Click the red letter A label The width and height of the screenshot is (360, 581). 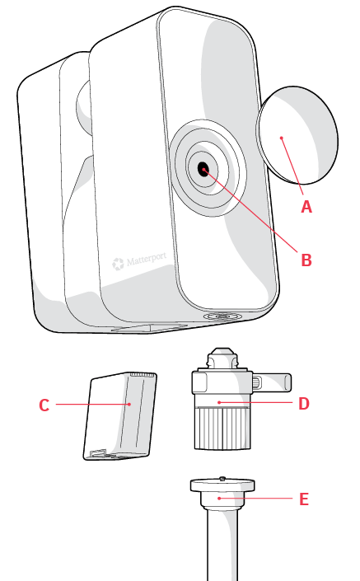(x=306, y=207)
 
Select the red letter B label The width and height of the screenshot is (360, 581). (x=306, y=260)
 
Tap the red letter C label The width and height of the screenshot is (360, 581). (x=44, y=405)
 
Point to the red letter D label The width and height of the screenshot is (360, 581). (x=304, y=404)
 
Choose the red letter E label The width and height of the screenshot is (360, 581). (x=304, y=499)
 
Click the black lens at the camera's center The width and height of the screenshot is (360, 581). (x=203, y=170)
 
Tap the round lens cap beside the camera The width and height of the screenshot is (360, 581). (x=297, y=135)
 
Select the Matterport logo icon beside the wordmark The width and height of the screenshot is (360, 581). (x=118, y=264)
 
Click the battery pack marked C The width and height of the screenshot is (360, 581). (x=119, y=416)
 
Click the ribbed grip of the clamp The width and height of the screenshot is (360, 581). (x=222, y=428)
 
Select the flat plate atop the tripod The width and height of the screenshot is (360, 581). (x=222, y=485)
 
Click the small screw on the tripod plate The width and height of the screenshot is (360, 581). (x=222, y=478)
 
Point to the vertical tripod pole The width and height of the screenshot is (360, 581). (x=222, y=546)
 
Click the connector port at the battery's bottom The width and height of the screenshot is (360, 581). (x=99, y=453)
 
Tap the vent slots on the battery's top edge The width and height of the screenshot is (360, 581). (x=143, y=375)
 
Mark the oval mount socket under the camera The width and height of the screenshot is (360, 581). (x=223, y=316)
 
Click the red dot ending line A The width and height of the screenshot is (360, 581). (x=282, y=138)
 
